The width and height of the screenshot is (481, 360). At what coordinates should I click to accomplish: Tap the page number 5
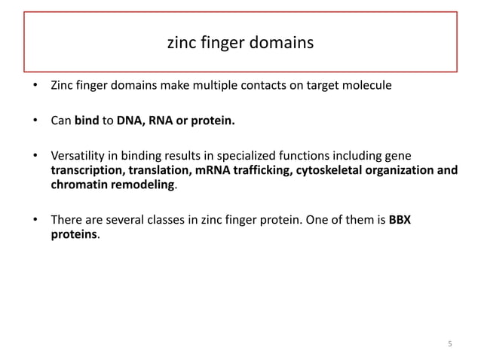pos(450,344)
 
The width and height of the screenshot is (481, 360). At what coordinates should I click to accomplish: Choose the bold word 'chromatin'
pos(79,185)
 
